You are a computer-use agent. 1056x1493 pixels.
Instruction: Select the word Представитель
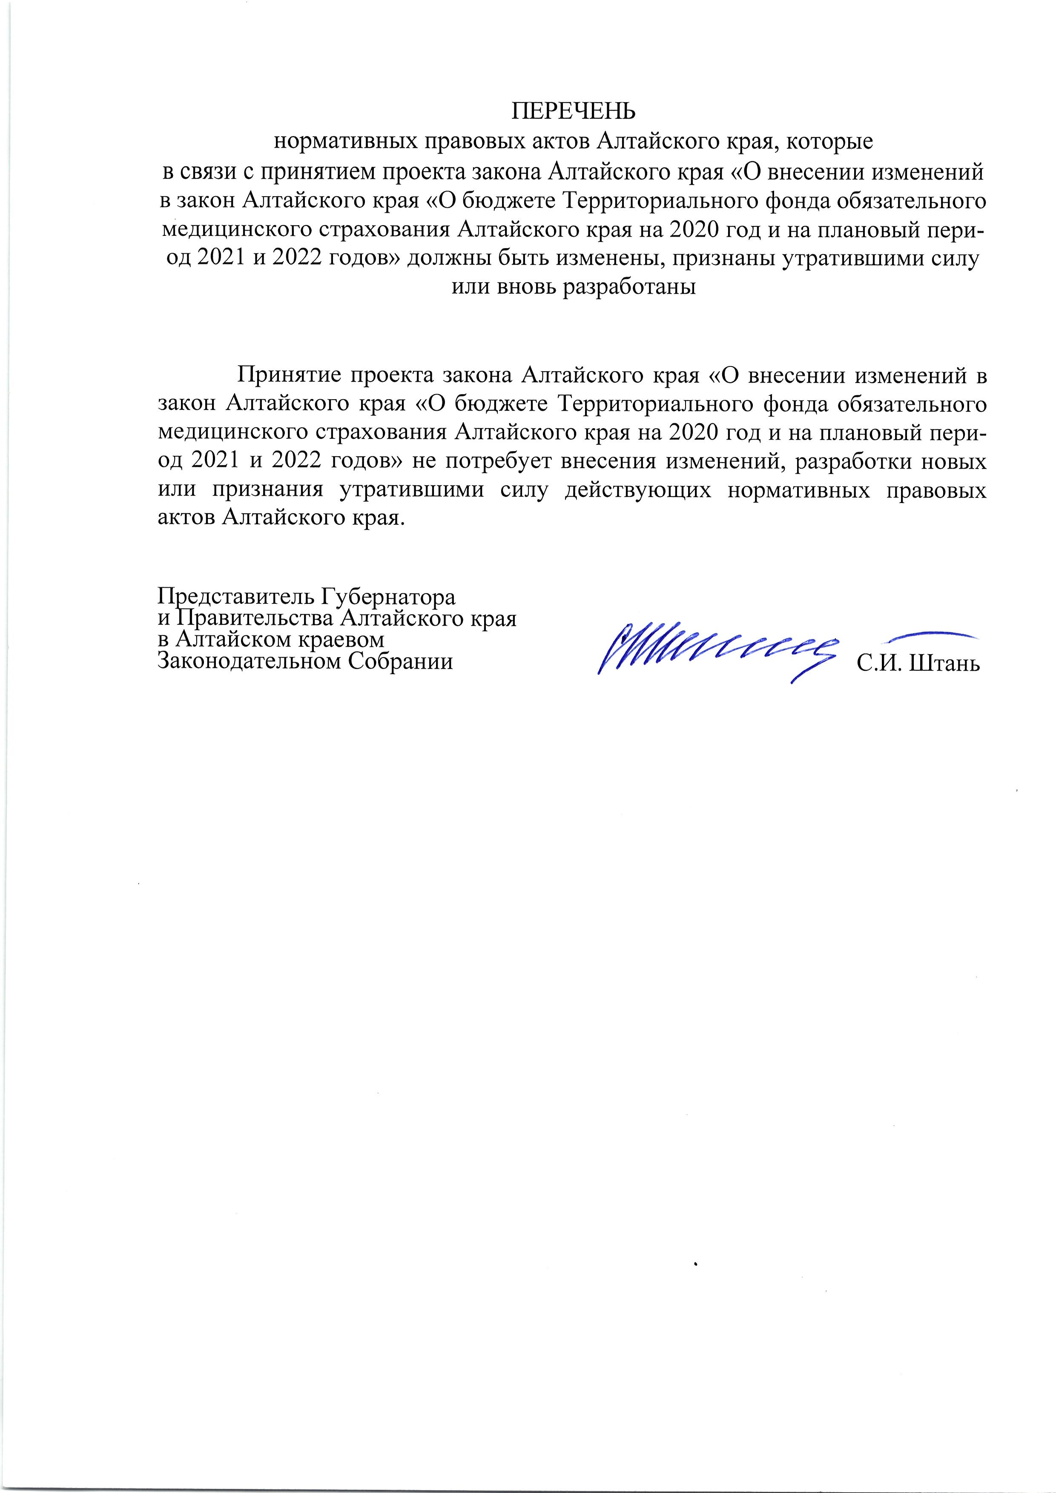click(x=237, y=596)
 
